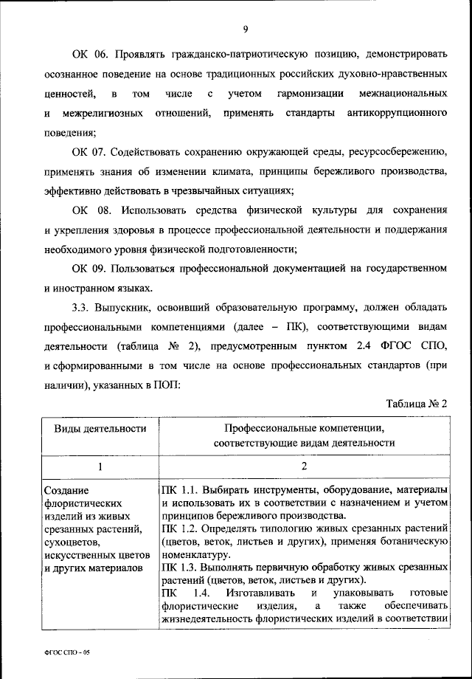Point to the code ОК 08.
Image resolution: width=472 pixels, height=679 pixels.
point(91,210)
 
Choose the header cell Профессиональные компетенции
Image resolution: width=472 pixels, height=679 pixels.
point(304,429)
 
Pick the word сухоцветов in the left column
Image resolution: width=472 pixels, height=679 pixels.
point(69,542)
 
